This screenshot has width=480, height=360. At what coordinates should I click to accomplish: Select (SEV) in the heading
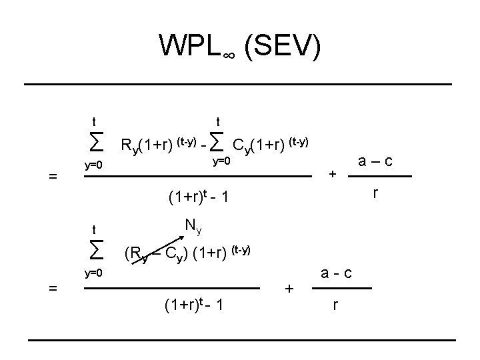[x=283, y=46]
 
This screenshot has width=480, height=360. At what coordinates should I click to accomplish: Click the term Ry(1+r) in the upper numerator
[x=146, y=145]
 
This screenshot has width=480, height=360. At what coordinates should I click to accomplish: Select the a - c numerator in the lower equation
[x=336, y=273]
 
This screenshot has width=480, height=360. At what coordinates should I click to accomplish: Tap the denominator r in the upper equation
[x=377, y=193]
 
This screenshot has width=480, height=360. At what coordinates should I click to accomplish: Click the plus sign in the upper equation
[x=333, y=174]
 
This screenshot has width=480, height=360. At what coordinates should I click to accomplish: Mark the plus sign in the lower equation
[x=289, y=288]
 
